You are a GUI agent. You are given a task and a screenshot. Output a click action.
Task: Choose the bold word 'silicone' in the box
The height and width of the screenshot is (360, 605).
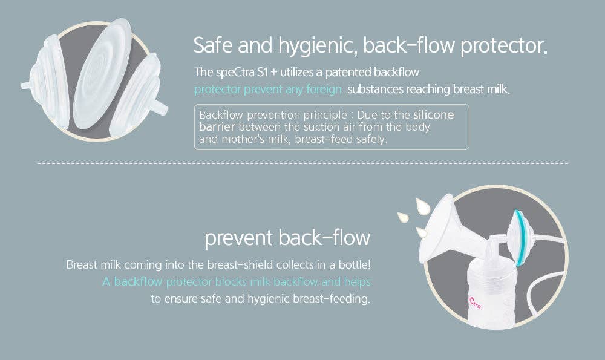pyautogui.click(x=433, y=114)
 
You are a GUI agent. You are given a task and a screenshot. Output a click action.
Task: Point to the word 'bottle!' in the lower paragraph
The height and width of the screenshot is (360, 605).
pyautogui.click(x=353, y=265)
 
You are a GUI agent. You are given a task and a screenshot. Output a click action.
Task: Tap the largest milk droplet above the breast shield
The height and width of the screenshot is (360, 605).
pyautogui.click(x=423, y=207)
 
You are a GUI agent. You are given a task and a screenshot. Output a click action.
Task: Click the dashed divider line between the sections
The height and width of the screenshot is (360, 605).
pyautogui.click(x=302, y=163)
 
